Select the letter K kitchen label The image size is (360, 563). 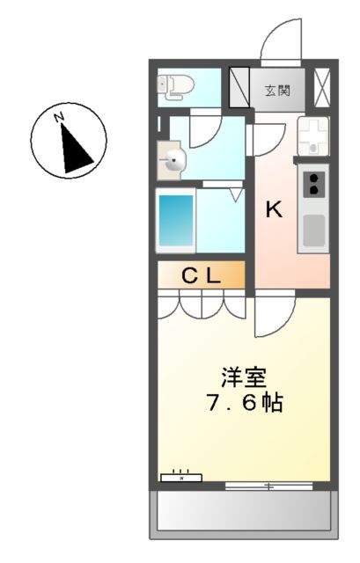click(275, 209)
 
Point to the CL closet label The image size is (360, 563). click(201, 275)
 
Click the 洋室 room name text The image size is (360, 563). click(242, 377)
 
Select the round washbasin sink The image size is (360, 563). click(174, 159)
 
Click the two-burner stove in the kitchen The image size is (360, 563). click(314, 185)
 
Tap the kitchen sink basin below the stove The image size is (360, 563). click(314, 230)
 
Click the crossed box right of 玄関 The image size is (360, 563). click(321, 88)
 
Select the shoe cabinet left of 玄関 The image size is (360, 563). click(239, 87)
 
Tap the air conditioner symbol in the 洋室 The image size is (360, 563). click(181, 477)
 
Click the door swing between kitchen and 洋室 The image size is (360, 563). click(275, 318)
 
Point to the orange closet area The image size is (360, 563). click(201, 276)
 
